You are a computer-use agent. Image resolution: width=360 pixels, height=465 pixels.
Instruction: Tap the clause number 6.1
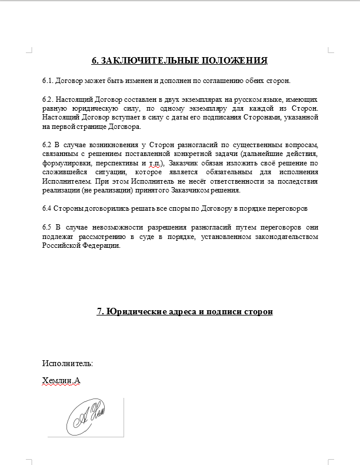[x=48, y=80]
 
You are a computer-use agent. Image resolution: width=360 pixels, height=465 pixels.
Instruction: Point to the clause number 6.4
[x=48, y=208]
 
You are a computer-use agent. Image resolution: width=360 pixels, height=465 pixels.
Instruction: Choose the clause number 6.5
[x=48, y=227]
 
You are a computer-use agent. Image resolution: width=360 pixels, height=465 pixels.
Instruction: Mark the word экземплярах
[x=189, y=99]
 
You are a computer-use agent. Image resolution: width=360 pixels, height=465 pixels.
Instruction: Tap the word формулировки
[x=65, y=163]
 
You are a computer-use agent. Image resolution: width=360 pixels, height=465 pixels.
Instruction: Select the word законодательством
[x=285, y=237]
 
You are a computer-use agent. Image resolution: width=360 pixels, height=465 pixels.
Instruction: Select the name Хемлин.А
[x=61, y=381]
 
